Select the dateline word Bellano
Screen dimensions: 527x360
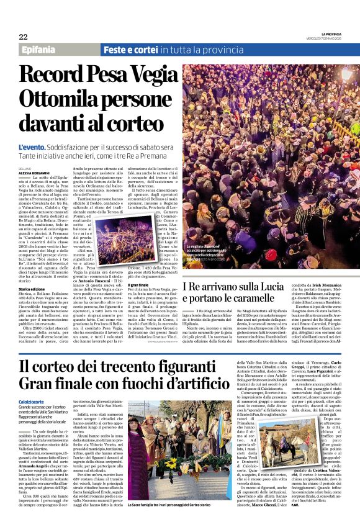click(x=25, y=168)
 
